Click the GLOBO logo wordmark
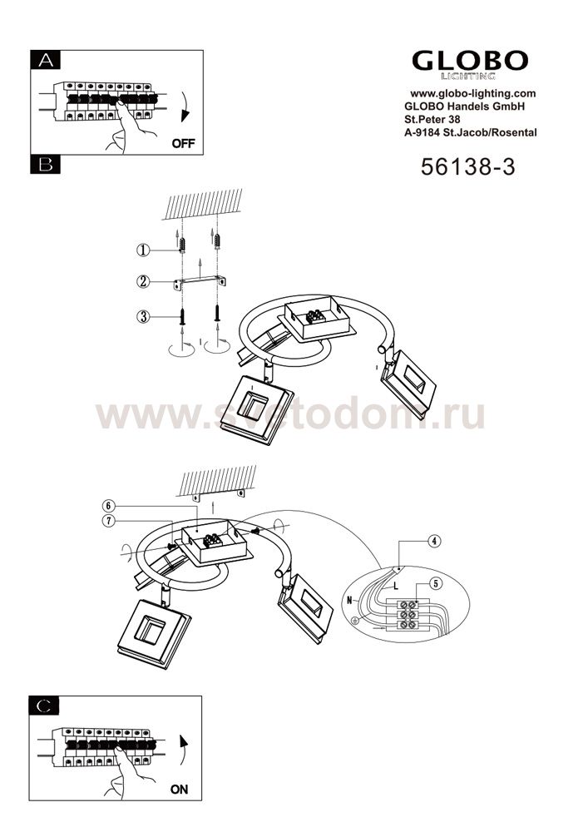470,61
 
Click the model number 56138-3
467,166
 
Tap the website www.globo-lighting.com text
473,93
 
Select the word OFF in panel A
184,143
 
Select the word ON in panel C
179,789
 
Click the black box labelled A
46,60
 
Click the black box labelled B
46,165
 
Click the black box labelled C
44,706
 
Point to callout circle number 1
142,250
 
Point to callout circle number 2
143,281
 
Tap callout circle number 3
143,317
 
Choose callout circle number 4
434,542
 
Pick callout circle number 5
435,584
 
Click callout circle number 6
109,506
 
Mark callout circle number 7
109,521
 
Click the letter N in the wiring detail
349,600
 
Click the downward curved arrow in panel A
184,107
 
